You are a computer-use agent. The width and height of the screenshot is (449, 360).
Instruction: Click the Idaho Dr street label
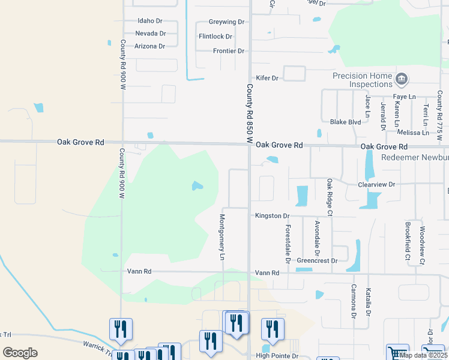tap(150, 20)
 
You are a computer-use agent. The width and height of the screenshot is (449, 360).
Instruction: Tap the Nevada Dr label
tap(150, 33)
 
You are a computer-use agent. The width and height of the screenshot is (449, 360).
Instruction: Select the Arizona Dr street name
tap(150, 46)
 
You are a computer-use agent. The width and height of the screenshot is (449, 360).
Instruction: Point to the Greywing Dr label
tap(226, 22)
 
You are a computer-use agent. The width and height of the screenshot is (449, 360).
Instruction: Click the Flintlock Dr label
tap(215, 37)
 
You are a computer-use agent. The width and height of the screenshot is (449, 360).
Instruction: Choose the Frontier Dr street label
tap(229, 51)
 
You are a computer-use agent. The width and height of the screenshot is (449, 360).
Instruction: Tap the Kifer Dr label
tap(268, 78)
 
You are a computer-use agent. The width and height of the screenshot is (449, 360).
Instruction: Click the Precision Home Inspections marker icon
tap(402, 79)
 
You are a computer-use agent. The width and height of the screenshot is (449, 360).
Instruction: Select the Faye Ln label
tap(404, 97)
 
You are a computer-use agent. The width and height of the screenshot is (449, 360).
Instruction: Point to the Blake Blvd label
tap(345, 122)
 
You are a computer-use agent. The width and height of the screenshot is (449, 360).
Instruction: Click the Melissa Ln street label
tap(409, 133)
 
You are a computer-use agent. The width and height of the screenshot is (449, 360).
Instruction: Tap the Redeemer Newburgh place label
tap(415, 157)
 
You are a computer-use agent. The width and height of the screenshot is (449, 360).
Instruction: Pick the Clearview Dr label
tap(376, 185)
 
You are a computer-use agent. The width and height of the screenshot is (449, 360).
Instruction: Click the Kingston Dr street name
tap(272, 215)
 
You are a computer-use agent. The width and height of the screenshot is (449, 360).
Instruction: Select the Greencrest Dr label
tap(317, 261)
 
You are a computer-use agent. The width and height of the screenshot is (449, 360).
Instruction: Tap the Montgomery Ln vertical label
tap(222, 238)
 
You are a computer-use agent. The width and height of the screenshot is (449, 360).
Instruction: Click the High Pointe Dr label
tap(277, 356)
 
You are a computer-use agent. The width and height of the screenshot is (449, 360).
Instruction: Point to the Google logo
tap(20, 352)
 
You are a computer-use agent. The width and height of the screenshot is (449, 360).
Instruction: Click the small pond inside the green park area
tap(197, 186)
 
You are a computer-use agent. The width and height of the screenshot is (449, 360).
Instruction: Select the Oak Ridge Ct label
tap(330, 197)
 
